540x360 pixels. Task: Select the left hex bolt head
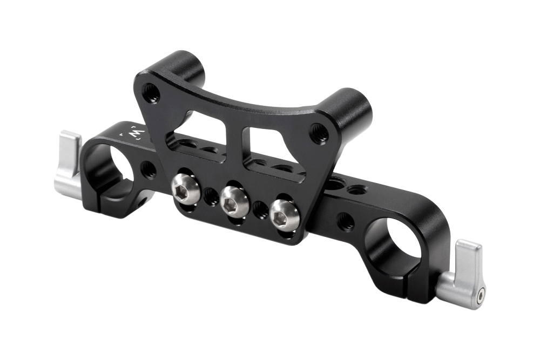tap(184, 188)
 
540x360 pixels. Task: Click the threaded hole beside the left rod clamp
tap(148, 169)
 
